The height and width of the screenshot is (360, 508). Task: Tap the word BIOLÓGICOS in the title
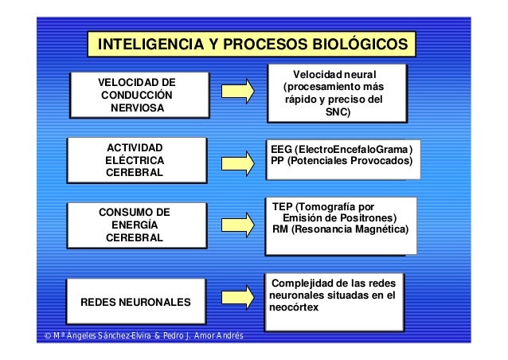(354, 43)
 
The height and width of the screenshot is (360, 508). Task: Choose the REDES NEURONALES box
(135, 303)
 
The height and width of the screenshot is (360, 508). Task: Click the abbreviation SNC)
(338, 113)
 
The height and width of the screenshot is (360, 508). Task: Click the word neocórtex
(295, 307)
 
